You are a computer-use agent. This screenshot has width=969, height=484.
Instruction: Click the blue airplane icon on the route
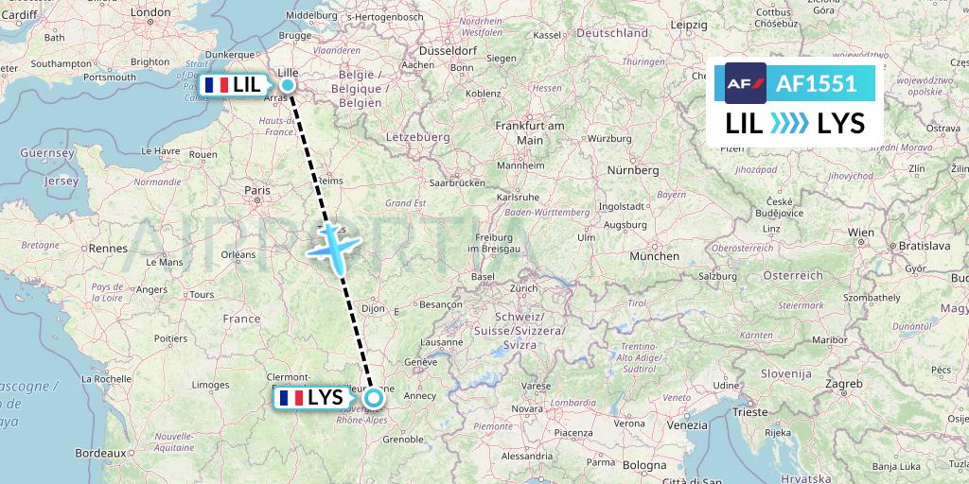pos(333,245)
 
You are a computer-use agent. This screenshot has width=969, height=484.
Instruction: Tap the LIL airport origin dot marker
pos(287,85)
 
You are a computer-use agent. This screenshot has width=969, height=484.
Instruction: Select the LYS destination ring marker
pos(373,398)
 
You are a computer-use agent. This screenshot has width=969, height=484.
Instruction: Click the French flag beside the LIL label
pos(216,85)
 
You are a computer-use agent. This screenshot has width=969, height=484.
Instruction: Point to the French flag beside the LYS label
pos(291,398)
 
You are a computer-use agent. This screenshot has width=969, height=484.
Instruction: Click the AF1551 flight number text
pos(816,84)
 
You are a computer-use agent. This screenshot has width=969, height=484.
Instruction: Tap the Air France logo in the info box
pos(745,83)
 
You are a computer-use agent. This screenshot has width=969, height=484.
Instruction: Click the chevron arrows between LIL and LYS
pos(789,123)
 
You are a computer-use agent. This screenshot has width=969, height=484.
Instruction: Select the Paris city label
pos(257,190)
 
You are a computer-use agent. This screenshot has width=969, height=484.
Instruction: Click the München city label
pos(654,255)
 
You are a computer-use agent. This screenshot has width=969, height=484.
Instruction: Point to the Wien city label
pos(861,232)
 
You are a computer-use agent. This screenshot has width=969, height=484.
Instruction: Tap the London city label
pos(150,13)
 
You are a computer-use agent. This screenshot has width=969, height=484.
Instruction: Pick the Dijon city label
pos(375,307)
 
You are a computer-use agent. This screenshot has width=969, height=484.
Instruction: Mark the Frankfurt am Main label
pos(530,132)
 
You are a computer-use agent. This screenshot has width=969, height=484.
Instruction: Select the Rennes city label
pos(109,249)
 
